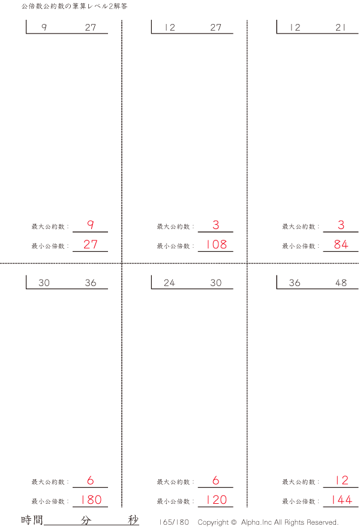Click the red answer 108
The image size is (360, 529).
216,245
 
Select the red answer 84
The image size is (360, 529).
341,245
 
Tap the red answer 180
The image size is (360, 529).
91,500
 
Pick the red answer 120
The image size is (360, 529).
216,500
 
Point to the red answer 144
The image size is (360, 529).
341,500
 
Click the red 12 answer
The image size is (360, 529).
341,480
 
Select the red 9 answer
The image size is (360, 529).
91,225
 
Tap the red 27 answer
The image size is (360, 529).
91,245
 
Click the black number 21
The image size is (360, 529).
340,28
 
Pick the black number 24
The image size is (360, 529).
169,282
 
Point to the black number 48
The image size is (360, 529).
341,282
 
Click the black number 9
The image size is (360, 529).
44,28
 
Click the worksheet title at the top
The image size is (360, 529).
74,6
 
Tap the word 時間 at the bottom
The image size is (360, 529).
32,520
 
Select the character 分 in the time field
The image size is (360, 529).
86,520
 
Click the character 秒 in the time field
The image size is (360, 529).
133,520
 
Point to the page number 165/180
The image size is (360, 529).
174,522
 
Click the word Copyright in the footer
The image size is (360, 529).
213,522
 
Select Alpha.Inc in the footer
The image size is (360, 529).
256,522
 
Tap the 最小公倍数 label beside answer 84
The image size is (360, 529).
299,247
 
